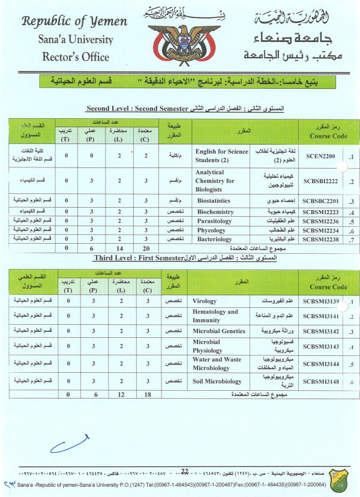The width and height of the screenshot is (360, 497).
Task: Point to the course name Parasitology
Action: (215, 220)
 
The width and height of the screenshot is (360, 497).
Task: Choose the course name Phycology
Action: (211, 229)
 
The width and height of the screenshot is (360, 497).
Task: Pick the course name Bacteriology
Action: (215, 238)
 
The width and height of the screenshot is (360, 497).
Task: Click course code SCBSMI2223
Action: (324, 211)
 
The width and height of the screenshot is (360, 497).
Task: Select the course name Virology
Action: (205, 301)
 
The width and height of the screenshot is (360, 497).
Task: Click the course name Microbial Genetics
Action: (219, 331)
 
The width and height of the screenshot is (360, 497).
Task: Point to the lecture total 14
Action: (121, 247)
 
